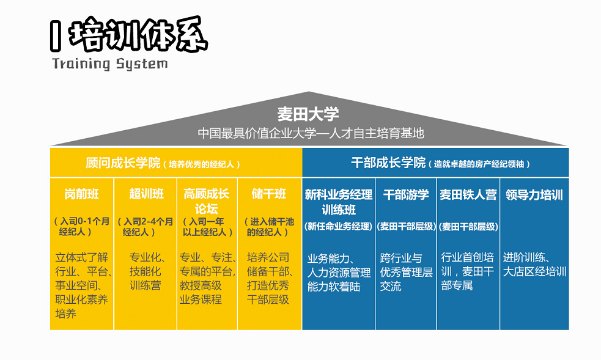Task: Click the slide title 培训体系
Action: coord(138,37)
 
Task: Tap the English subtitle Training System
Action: coord(109,64)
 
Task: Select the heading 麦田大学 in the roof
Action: coord(308,114)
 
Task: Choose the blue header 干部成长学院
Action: coord(388,163)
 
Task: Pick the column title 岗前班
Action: coord(81,194)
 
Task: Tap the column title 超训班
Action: coord(146,194)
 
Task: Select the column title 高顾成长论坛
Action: coord(207,201)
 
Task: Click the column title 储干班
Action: coord(269,194)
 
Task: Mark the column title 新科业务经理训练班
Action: coord(338,202)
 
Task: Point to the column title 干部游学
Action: coord(405,195)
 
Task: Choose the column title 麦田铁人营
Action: coord(468,195)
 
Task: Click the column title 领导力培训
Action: coord(534,195)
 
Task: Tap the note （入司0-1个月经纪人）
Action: coord(81,227)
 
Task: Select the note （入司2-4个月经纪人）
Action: coord(145,227)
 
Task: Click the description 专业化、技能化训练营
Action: coord(145,271)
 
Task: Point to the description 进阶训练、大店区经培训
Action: coord(534,264)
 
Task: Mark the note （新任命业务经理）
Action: coord(338,226)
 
